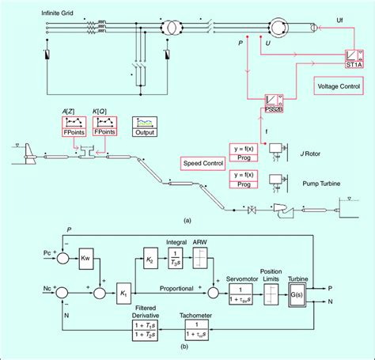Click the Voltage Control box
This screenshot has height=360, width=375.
click(338, 85)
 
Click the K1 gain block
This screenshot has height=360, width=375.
click(123, 289)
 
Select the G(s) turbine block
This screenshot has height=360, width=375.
click(299, 290)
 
